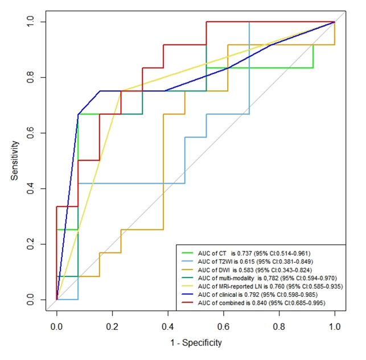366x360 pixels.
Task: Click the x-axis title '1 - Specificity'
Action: point(195,343)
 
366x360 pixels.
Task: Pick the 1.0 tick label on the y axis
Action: point(34,21)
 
